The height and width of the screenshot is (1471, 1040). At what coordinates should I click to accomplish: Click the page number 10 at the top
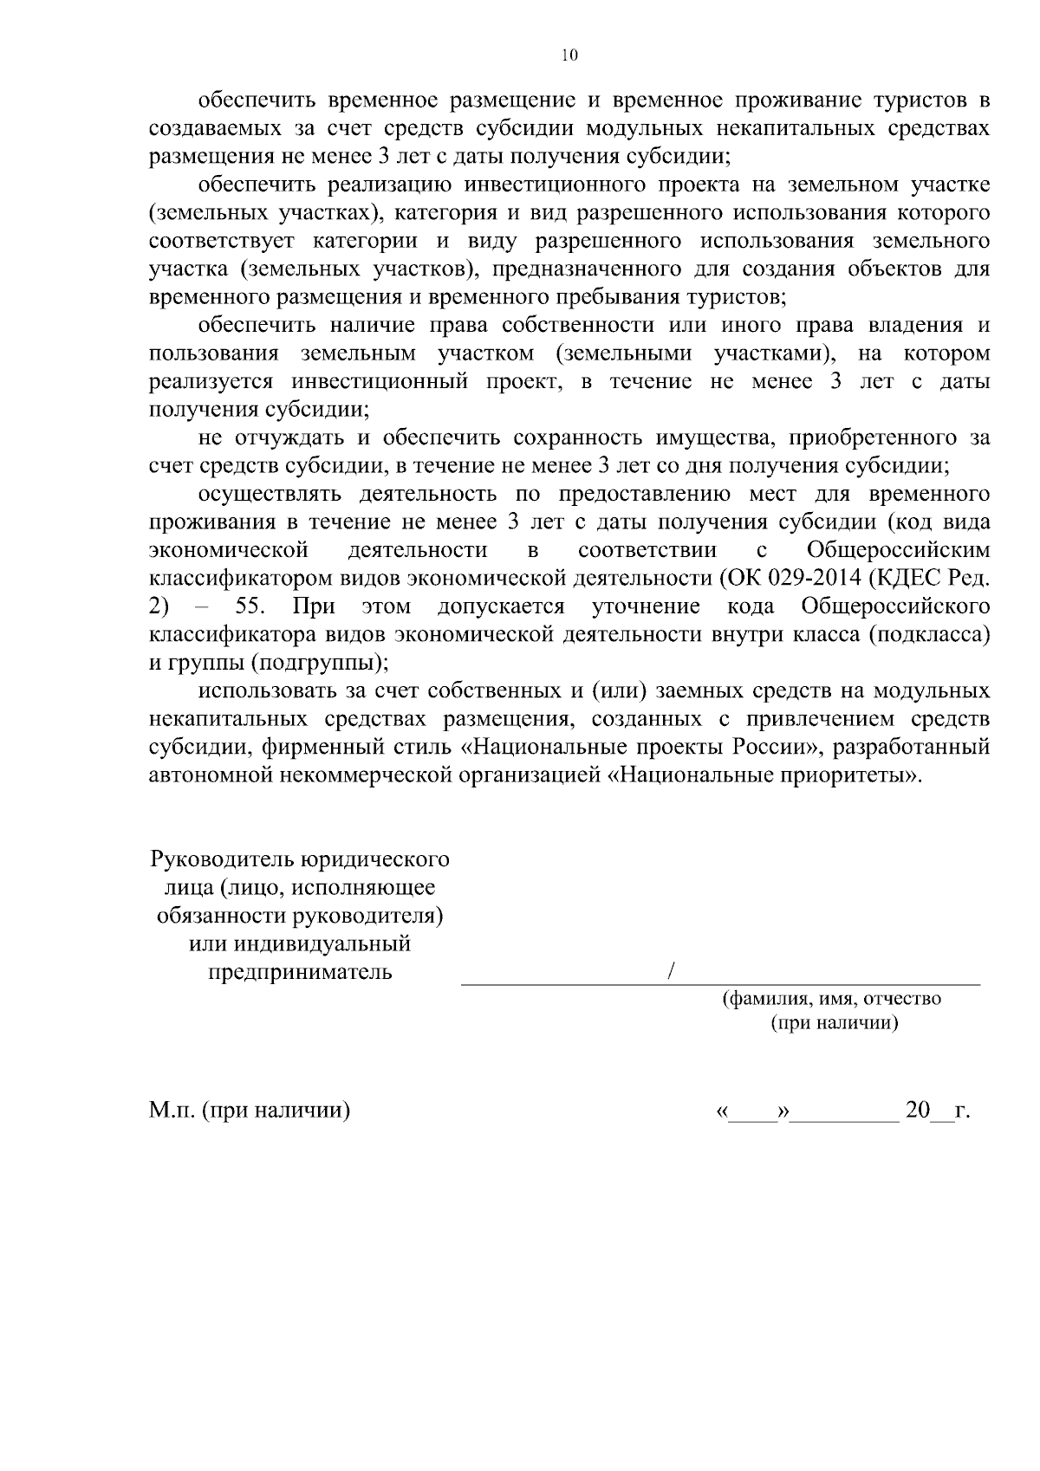point(569,55)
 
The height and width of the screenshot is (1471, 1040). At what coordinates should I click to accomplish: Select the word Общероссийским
point(898,550)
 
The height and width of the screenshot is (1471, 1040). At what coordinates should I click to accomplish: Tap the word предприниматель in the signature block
point(300,971)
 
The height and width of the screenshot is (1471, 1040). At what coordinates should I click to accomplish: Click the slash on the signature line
point(672,971)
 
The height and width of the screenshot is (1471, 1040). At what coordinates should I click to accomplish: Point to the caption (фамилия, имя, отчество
point(832,998)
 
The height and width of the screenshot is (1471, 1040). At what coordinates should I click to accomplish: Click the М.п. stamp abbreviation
point(172,1110)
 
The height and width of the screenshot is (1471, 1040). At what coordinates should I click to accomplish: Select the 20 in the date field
point(917,1110)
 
